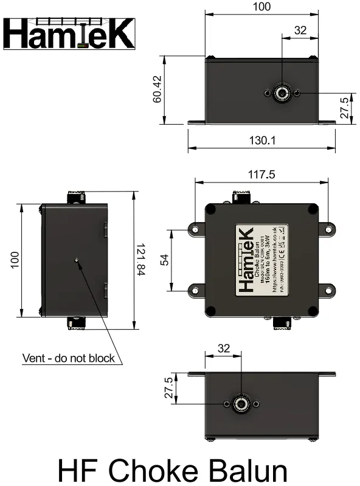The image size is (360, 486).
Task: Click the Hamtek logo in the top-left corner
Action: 69,33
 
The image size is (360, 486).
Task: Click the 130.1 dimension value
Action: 262,141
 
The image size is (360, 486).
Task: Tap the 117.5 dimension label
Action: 261,175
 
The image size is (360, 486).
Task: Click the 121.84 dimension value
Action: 140,260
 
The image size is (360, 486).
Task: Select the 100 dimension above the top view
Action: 261,7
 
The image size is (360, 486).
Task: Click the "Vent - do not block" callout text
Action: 68,358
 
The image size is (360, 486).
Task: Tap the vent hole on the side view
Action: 76,260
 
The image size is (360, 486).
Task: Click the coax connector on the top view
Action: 281,93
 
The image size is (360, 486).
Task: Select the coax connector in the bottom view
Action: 241,404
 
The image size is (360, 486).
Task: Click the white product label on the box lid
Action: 261,260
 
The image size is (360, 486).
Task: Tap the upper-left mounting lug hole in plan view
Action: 195,230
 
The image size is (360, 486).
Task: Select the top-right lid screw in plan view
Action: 312,210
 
